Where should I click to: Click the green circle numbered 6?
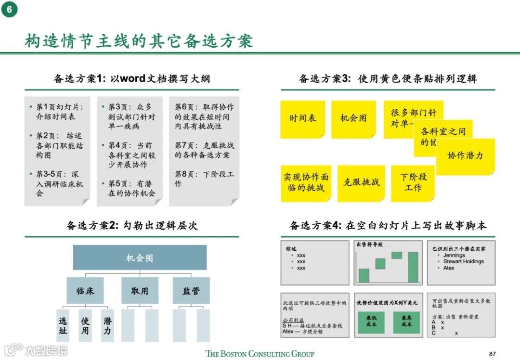tap(10, 10)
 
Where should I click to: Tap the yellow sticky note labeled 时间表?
tap(302, 118)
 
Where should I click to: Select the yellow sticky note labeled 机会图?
tap(353, 118)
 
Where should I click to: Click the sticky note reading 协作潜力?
tap(465, 156)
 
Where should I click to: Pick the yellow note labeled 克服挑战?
tap(361, 182)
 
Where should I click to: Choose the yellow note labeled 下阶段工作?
tap(413, 182)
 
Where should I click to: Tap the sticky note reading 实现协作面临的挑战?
tap(306, 183)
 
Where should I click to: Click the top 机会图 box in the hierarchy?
tap(140, 258)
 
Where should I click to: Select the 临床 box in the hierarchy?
tap(85, 291)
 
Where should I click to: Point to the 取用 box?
tap(140, 291)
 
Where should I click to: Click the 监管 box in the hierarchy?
tap(191, 291)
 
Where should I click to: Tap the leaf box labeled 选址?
tap(63, 325)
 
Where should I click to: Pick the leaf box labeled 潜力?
tap(107, 325)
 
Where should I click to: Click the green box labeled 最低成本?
tap(371, 321)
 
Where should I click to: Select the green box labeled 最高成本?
tap(406, 321)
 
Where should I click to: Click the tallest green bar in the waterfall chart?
tap(413, 267)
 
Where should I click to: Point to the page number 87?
tap(492, 353)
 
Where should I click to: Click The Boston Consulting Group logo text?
tap(260, 354)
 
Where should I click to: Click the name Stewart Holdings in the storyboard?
tap(463, 261)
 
